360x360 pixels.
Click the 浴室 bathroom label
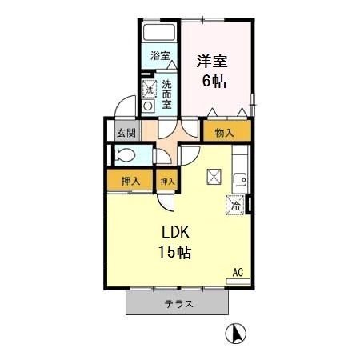point(159,56)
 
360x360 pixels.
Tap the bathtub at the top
point(159,34)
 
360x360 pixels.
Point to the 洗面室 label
point(166,93)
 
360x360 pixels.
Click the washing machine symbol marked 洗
point(148,87)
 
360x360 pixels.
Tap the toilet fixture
point(124,155)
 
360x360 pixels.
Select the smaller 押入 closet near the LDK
point(166,182)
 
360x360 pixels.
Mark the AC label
point(238,273)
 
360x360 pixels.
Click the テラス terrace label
point(178,304)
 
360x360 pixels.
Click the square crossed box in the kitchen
point(215,177)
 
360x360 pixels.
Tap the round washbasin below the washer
point(147,106)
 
